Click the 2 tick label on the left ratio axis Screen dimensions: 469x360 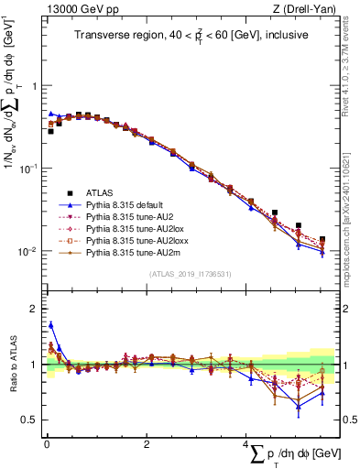coord(36,309)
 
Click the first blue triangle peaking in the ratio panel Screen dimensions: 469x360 coord(51,324)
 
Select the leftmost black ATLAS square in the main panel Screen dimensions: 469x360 coord(51,131)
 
